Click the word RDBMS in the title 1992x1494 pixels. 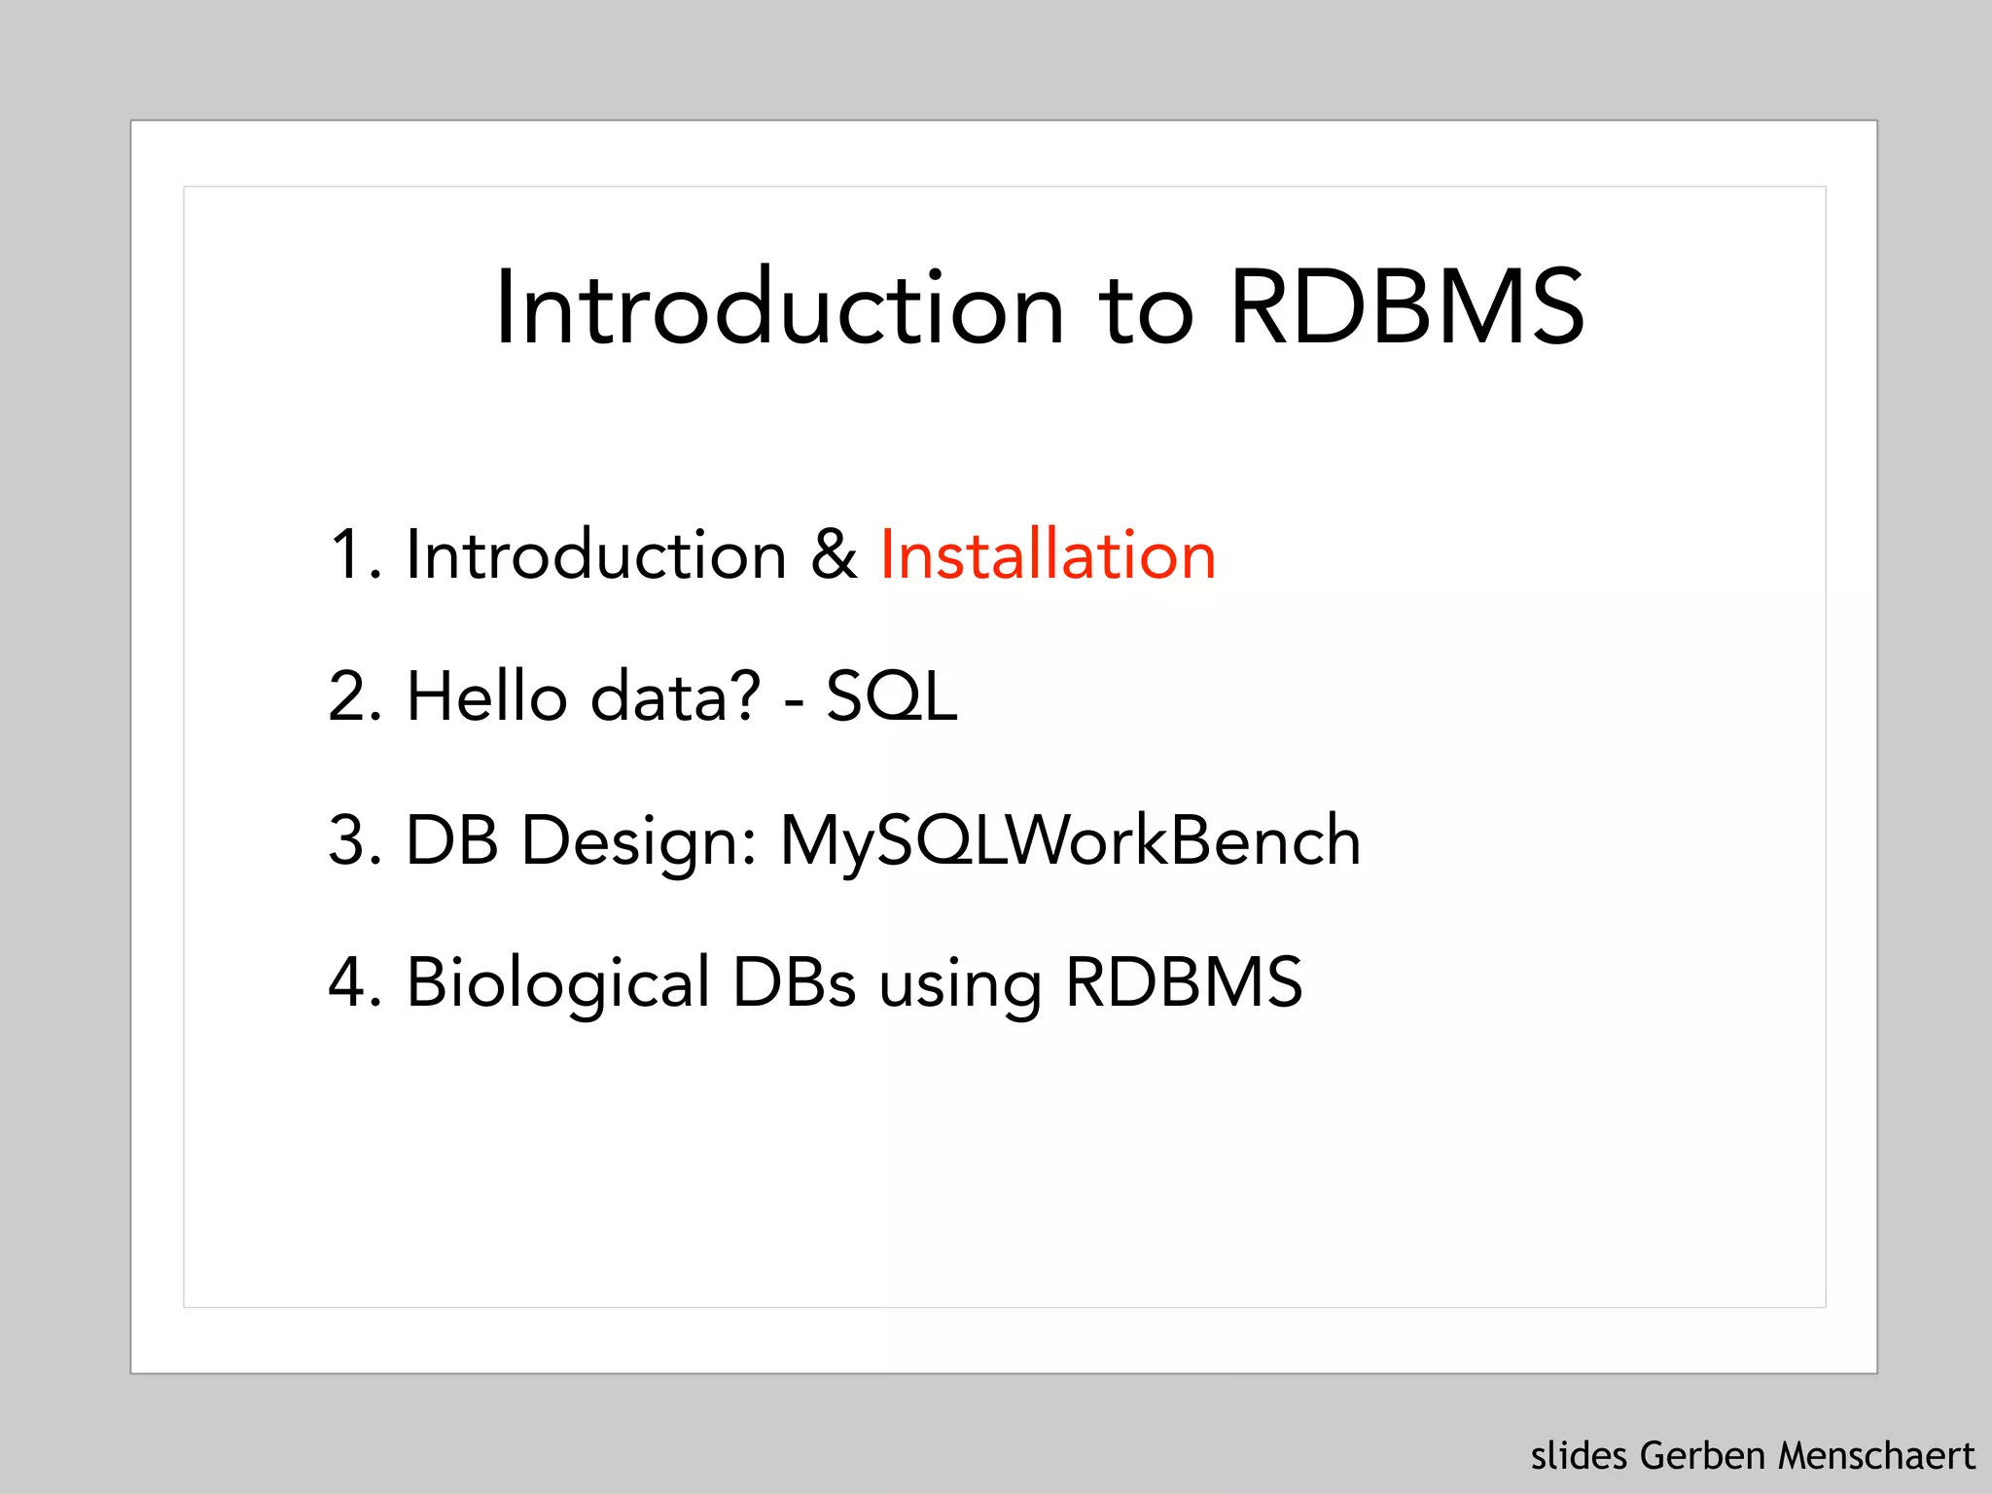(1406, 307)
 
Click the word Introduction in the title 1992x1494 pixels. (779, 307)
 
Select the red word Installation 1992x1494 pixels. (1048, 554)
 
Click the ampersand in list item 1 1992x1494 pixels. (834, 554)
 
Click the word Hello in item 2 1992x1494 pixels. (486, 696)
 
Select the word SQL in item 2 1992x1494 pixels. (891, 696)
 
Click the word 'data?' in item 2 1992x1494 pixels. (675, 696)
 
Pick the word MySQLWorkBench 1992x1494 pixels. (1070, 839)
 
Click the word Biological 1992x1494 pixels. (558, 983)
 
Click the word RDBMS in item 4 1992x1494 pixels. (1184, 981)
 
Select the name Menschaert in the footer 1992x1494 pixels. (1876, 1456)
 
